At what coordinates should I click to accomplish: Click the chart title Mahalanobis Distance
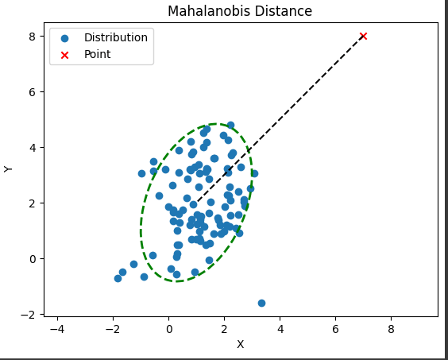[239, 11]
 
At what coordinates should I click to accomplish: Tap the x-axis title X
[240, 344]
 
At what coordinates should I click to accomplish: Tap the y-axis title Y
[9, 168]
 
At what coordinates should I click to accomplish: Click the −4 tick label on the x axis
[56, 328]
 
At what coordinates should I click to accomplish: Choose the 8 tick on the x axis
[391, 328]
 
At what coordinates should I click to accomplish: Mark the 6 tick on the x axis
[335, 328]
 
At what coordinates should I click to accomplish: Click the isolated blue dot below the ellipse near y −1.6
[261, 303]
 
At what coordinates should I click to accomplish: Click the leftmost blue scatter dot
[118, 278]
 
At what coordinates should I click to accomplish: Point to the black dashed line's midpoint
[280, 119]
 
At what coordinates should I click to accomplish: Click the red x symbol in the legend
[65, 55]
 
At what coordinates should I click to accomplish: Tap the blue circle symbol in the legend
[65, 37]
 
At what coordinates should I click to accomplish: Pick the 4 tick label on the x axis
[280, 328]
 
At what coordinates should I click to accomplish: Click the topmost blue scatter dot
[230, 126]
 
